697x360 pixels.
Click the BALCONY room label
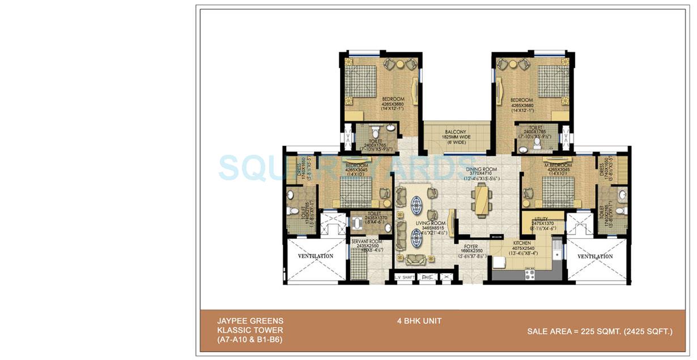pos(456,132)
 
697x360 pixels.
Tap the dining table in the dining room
pos(480,201)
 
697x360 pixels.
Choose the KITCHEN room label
pos(522,243)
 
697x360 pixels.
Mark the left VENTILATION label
pos(316,256)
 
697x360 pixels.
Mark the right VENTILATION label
pos(594,256)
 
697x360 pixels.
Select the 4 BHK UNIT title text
pos(419,321)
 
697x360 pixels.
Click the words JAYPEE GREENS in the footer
pos(241,321)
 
